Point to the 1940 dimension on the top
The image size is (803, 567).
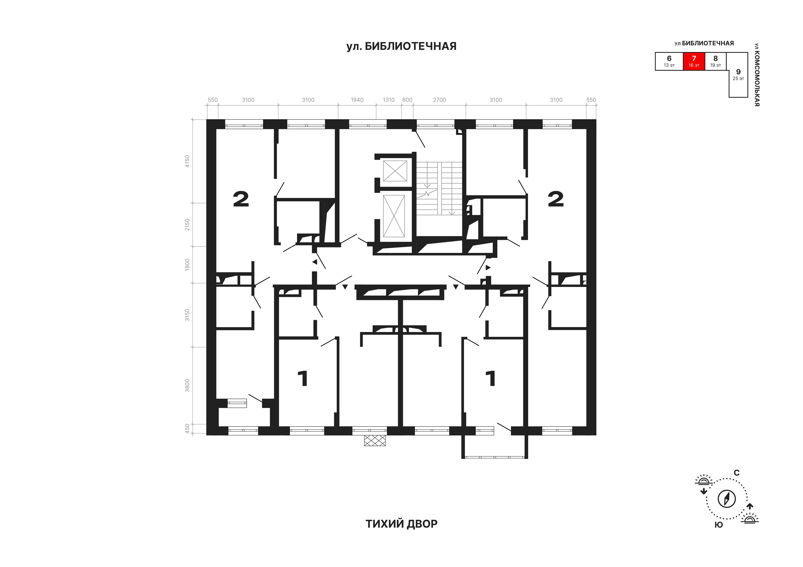pyautogui.click(x=357, y=100)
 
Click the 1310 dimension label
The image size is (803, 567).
pyautogui.click(x=389, y=100)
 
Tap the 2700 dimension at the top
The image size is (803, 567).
pyautogui.click(x=440, y=100)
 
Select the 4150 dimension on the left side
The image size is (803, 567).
pyautogui.click(x=187, y=161)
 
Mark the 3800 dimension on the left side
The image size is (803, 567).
pyautogui.click(x=187, y=385)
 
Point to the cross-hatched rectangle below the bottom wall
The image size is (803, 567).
pyautogui.click(x=375, y=440)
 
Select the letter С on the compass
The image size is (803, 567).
pyautogui.click(x=737, y=473)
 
